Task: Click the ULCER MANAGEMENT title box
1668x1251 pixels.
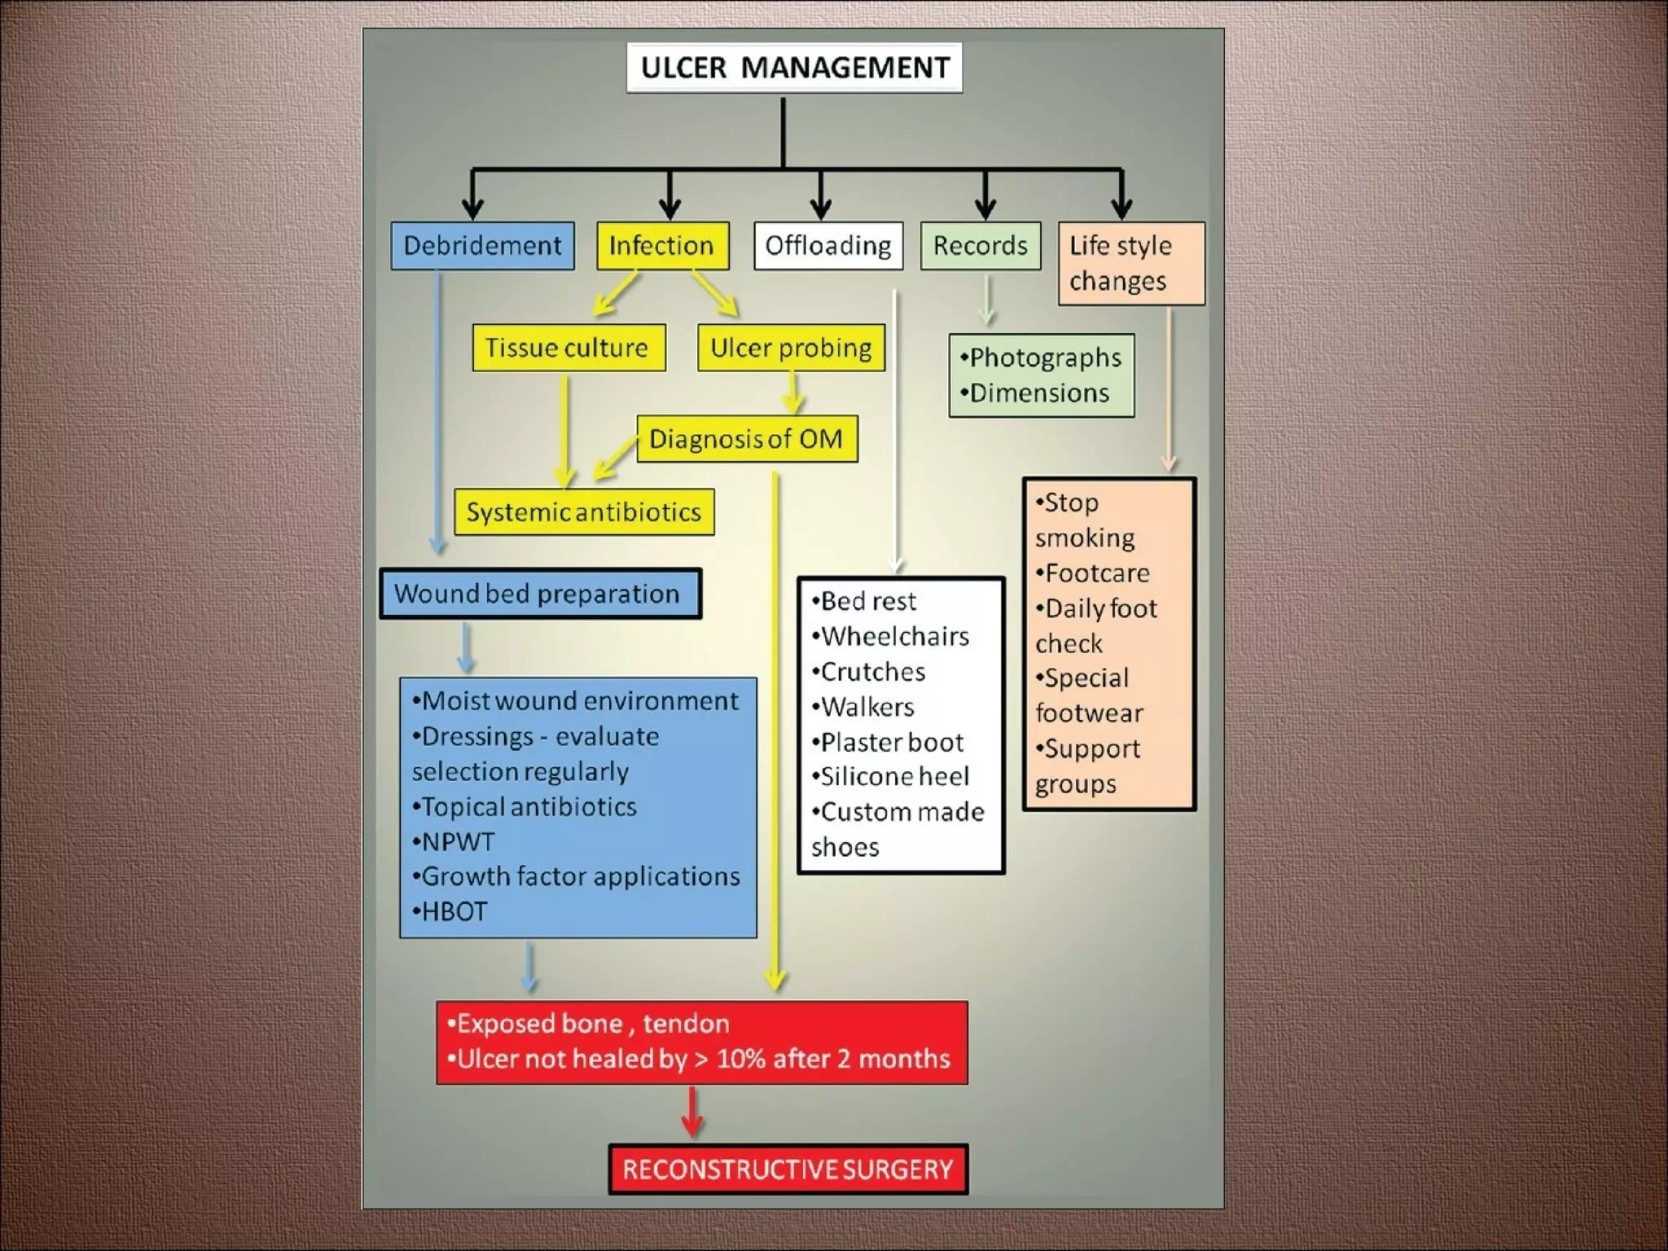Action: coord(794,68)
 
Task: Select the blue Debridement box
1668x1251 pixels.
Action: coord(482,246)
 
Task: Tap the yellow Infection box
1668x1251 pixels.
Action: coord(662,246)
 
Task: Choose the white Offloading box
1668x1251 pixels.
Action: coord(828,246)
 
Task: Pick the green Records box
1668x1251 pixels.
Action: coord(980,246)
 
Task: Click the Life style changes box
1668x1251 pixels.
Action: coord(1130,263)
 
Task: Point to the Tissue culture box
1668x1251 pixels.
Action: coord(568,348)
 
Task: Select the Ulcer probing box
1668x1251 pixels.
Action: coord(791,348)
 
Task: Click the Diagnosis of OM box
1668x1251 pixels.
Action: coord(746,439)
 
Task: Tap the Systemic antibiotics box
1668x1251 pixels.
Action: coord(584,512)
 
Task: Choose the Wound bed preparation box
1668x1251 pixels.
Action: coord(539,594)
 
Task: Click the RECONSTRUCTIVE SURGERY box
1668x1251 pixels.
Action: coord(788,1170)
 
